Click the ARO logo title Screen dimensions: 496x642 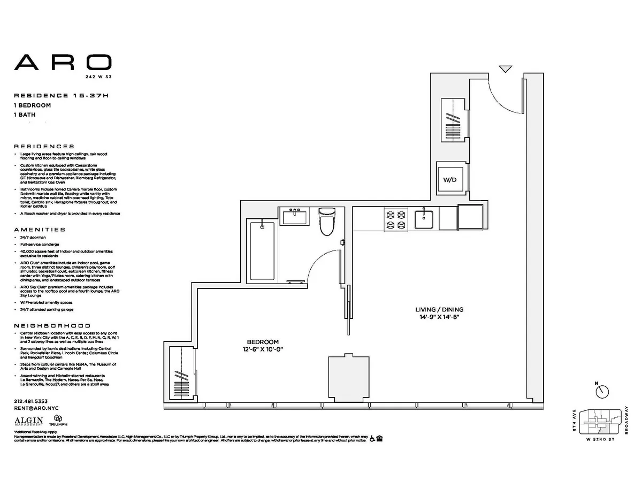(63, 62)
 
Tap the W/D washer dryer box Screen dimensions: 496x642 (449, 180)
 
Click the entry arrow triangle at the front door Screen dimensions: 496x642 (505, 69)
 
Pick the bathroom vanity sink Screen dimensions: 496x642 (294, 218)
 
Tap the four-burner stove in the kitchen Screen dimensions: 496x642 (396, 219)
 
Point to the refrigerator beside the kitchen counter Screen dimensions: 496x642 (471, 218)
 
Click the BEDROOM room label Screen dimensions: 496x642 (263, 342)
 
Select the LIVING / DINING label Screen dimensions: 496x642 (439, 309)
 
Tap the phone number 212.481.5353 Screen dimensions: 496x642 (30, 401)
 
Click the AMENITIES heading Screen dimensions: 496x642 (39, 229)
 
